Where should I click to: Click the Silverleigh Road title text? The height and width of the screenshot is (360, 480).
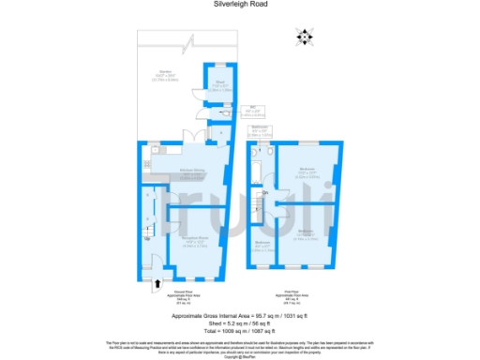point(239,5)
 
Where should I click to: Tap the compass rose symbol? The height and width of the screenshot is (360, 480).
point(303,37)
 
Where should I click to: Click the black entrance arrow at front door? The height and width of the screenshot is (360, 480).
point(157,280)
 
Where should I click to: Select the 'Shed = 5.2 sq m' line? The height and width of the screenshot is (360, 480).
point(239,324)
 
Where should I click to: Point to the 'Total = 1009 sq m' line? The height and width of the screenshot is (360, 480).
point(239,333)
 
